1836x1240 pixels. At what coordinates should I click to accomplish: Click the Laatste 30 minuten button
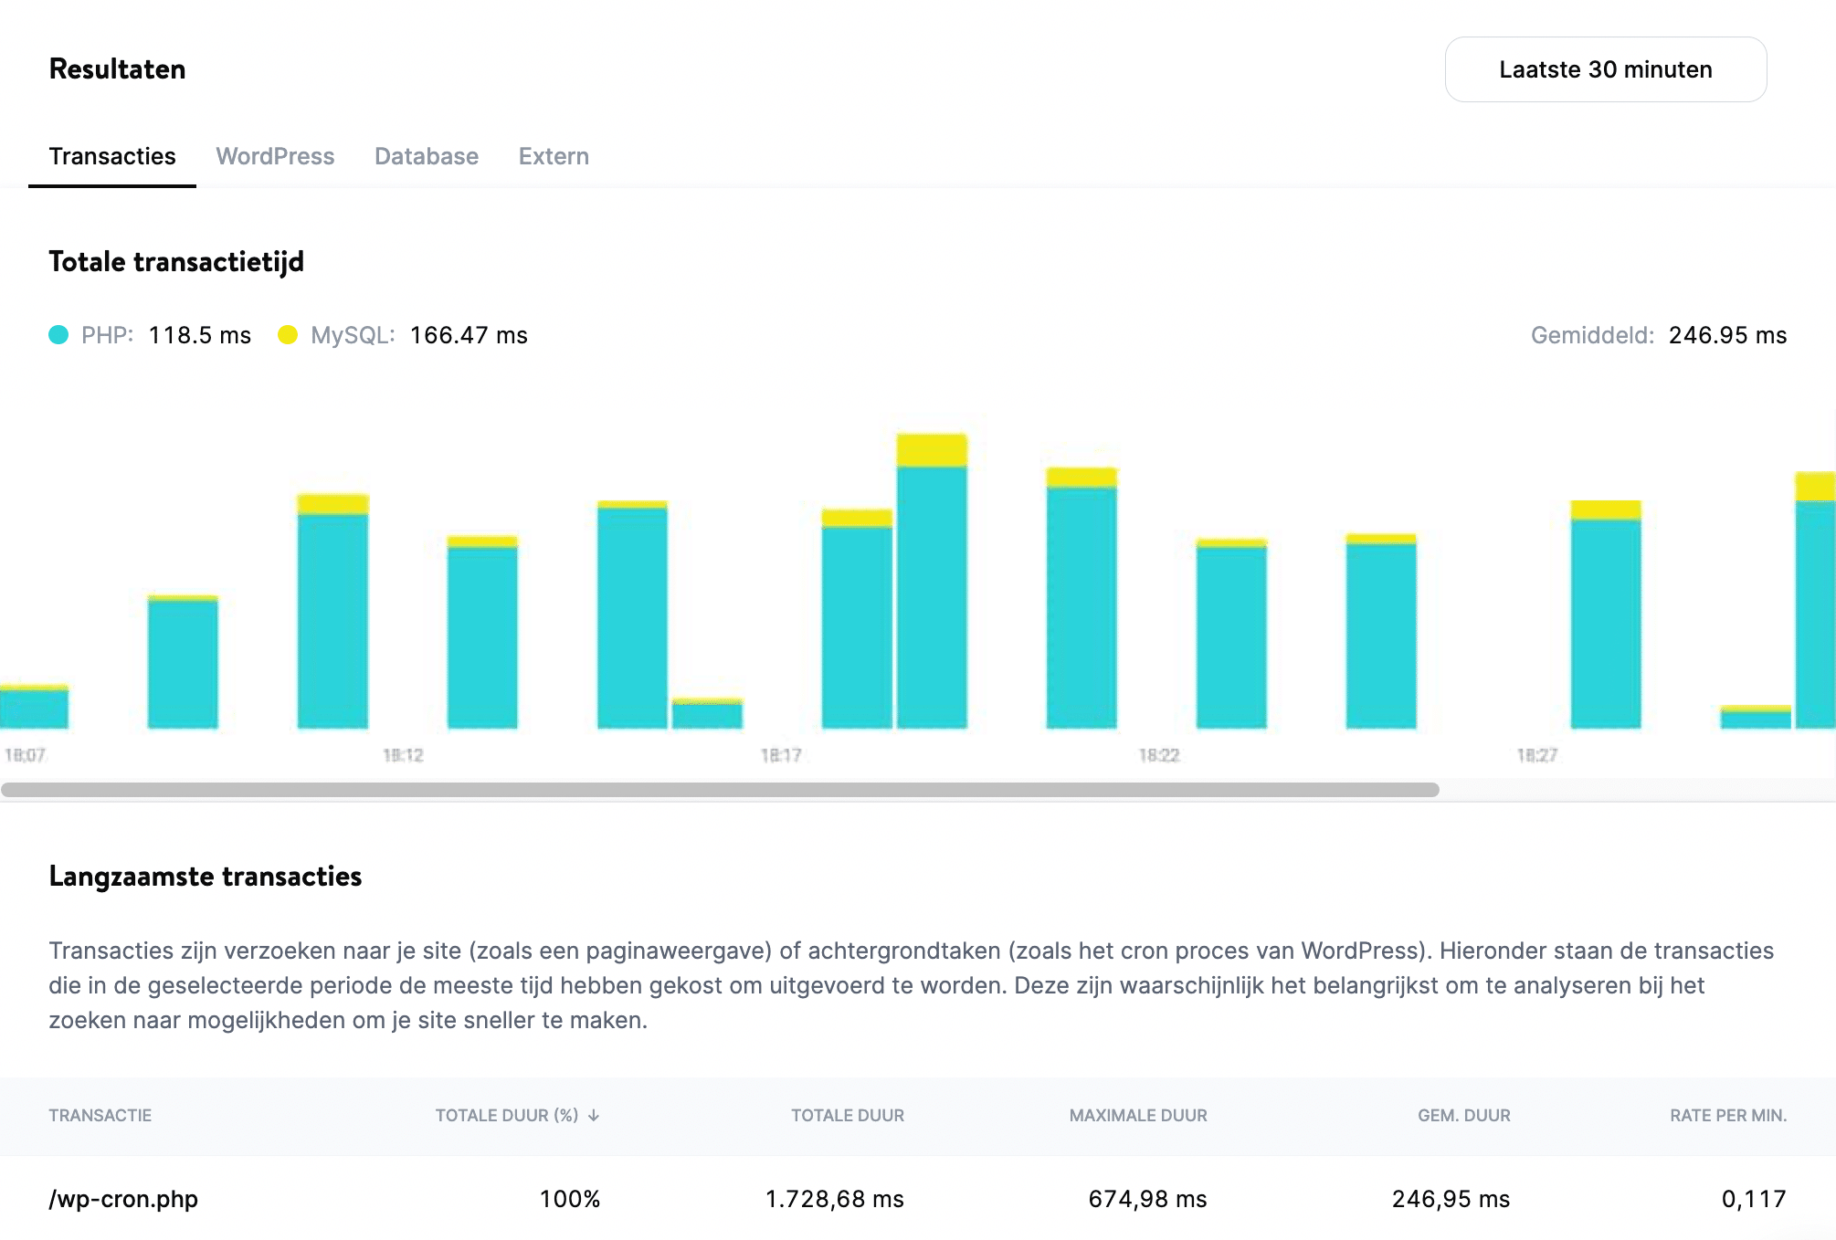(1605, 69)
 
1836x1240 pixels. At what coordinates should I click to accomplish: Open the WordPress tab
(275, 156)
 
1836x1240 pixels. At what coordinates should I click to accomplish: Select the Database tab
(426, 156)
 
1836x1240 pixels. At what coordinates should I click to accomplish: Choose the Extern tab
(554, 156)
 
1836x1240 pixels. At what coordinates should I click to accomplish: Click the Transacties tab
(112, 156)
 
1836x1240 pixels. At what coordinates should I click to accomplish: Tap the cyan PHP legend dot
(58, 335)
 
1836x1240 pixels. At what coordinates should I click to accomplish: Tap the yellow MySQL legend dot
(288, 335)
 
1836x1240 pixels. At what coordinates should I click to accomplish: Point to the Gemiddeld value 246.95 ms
(1726, 335)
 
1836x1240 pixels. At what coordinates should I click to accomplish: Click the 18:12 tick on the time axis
(403, 755)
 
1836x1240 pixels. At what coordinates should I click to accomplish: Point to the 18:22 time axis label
(1159, 755)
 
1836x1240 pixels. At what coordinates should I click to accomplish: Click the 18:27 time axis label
(1536, 755)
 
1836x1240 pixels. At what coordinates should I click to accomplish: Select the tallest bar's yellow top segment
(932, 450)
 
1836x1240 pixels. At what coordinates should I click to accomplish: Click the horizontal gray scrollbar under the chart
(720, 790)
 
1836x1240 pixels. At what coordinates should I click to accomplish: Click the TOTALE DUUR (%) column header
(507, 1115)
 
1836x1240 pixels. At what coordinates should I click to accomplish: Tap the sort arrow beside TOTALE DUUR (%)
(594, 1115)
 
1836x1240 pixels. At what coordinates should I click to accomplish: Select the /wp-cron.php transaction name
(123, 1199)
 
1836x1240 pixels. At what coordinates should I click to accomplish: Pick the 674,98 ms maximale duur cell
(1147, 1199)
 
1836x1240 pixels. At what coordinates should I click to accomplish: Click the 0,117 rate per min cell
(1753, 1199)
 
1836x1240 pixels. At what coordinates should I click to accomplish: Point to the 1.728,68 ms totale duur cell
(834, 1199)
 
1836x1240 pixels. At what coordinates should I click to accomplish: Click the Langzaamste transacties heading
(206, 876)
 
